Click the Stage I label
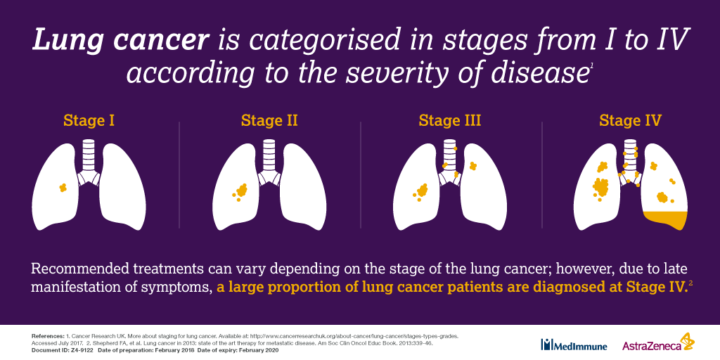(x=89, y=120)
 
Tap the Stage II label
(x=269, y=120)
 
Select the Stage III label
(x=449, y=120)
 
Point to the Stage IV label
(x=630, y=120)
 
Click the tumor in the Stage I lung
(x=63, y=187)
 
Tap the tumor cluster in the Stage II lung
(x=240, y=191)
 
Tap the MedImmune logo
(x=574, y=345)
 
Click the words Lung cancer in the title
(x=120, y=41)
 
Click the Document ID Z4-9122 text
(x=63, y=350)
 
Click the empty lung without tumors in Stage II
(x=303, y=186)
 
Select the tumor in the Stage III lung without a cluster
(x=472, y=165)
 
